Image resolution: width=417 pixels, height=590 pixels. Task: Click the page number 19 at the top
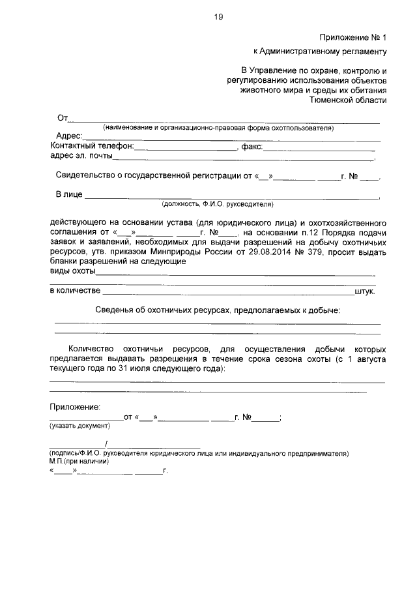point(218,18)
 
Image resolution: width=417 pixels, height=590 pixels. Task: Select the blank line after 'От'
point(224,121)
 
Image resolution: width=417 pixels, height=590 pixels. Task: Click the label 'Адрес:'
point(68,136)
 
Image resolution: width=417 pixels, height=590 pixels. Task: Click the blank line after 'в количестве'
point(227,292)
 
